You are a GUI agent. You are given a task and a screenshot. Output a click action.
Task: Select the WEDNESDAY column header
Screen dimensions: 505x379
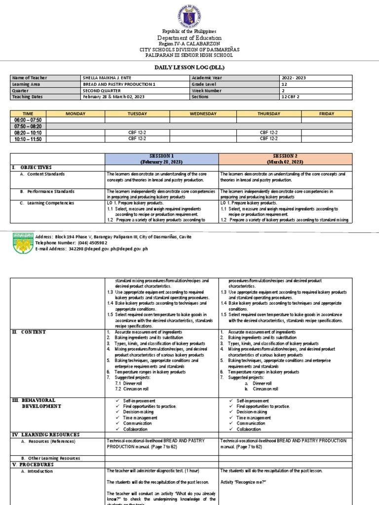coord(203,113)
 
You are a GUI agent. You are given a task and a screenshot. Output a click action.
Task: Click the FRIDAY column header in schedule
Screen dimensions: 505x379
coord(326,113)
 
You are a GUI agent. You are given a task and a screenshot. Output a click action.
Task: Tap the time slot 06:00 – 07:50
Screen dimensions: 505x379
coord(29,120)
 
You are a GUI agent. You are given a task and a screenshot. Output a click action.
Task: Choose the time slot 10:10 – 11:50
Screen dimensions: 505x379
coord(29,139)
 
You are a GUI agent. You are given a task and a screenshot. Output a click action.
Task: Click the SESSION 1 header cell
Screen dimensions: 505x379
coord(161,158)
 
